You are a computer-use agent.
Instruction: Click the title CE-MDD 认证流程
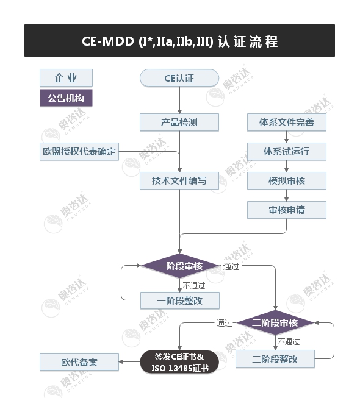pyautogui.click(x=179, y=41)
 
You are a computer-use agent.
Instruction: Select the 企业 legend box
pyautogui.click(x=66, y=78)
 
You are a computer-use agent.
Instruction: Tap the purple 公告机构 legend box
pyautogui.click(x=66, y=98)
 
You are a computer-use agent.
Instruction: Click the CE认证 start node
pyautogui.click(x=179, y=78)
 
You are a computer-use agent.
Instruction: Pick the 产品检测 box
pyautogui.click(x=179, y=122)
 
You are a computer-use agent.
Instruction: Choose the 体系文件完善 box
pyautogui.click(x=286, y=122)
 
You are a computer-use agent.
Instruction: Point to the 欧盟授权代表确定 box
pyautogui.click(x=78, y=151)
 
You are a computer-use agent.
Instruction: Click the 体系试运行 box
pyautogui.click(x=286, y=151)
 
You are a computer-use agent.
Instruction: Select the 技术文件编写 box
pyautogui.click(x=179, y=180)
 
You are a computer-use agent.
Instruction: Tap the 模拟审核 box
pyautogui.click(x=286, y=180)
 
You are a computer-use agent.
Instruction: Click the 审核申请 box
pyautogui.click(x=286, y=210)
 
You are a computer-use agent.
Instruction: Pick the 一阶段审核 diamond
pyautogui.click(x=179, y=266)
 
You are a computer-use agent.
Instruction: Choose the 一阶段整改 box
pyautogui.click(x=179, y=300)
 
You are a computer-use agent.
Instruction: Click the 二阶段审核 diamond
pyautogui.click(x=275, y=322)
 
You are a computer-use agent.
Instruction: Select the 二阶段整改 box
pyautogui.click(x=275, y=359)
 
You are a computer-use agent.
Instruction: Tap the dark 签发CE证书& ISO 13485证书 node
pyautogui.click(x=179, y=362)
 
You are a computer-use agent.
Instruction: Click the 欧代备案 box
pyautogui.click(x=79, y=362)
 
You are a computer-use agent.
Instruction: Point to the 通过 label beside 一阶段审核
pyautogui.click(x=231, y=266)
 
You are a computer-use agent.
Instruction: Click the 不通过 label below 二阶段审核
pyautogui.click(x=289, y=341)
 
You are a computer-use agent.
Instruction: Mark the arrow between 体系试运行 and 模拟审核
pyautogui.click(x=286, y=166)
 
